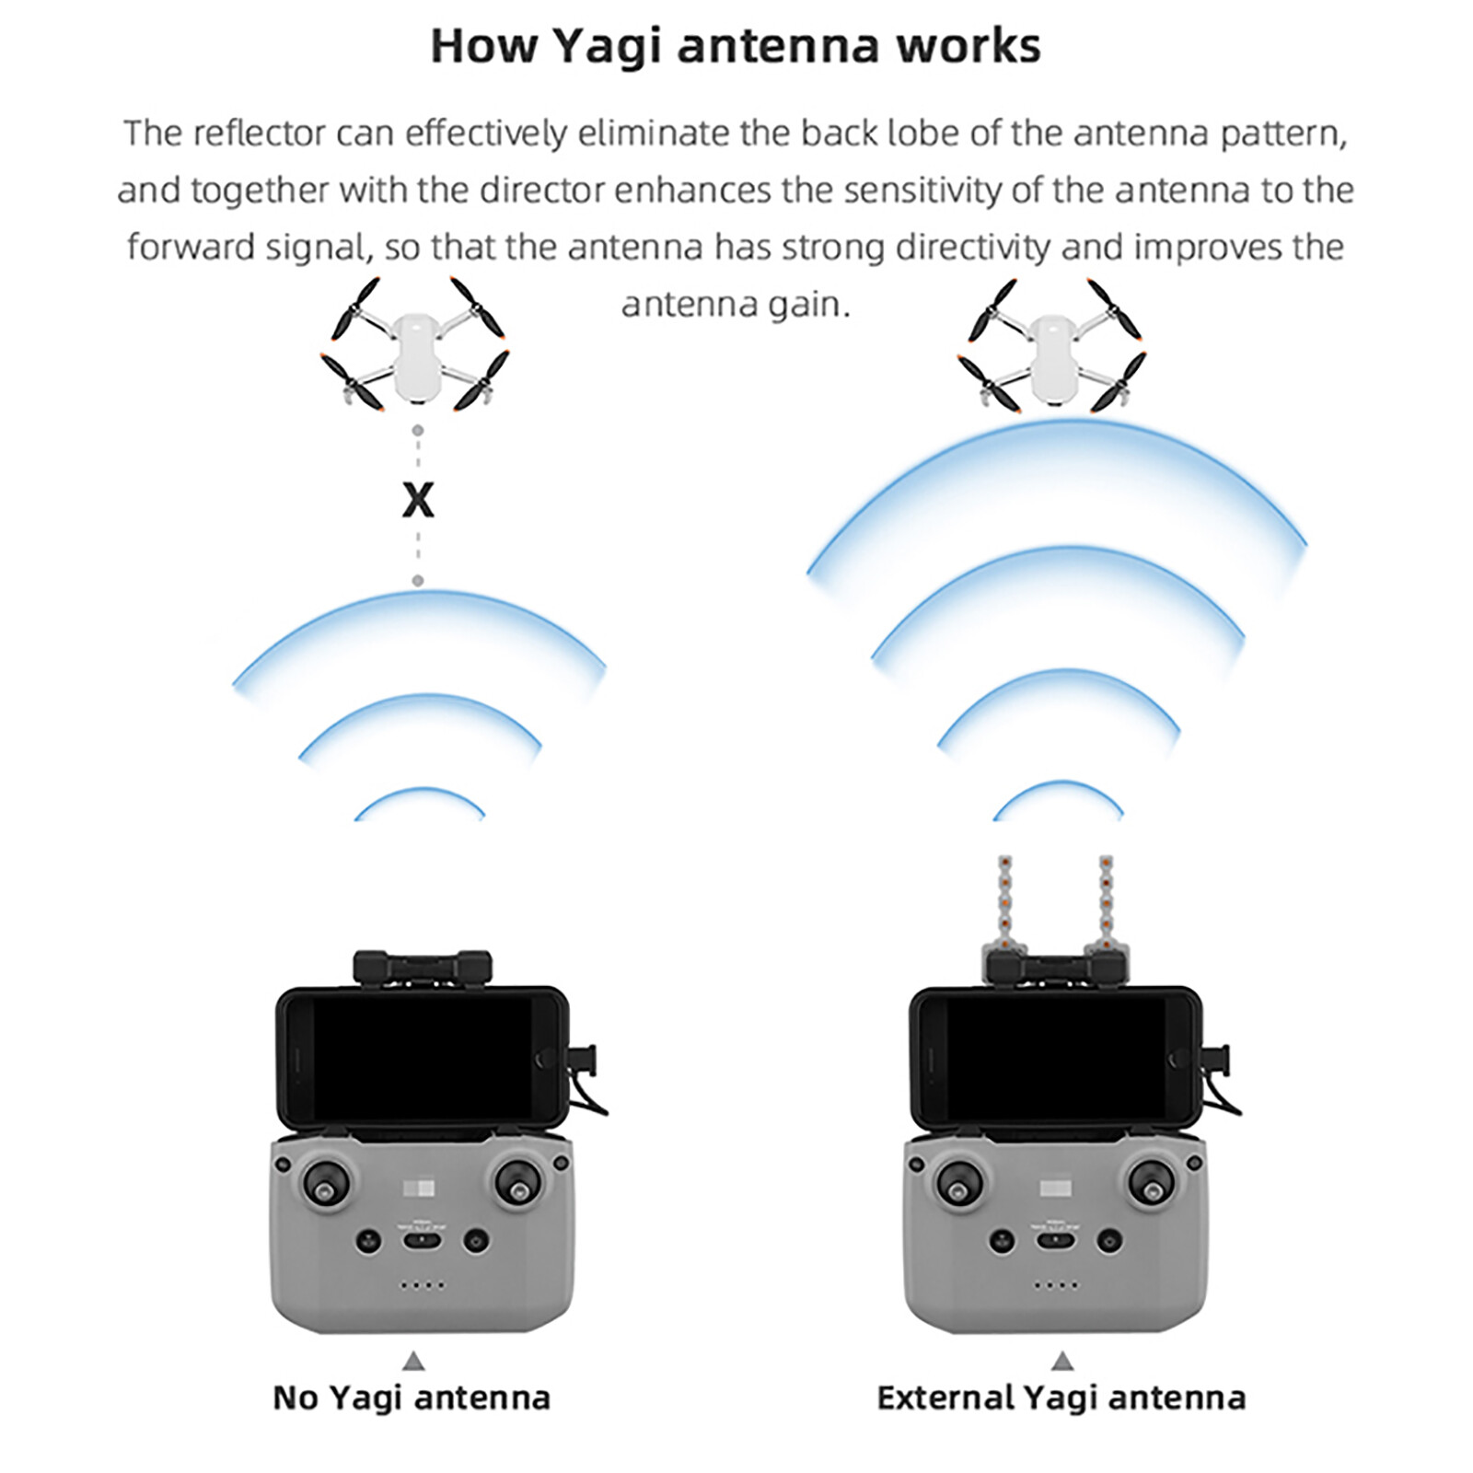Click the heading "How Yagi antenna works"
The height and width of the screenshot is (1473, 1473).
click(x=736, y=46)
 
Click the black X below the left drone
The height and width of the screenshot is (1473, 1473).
click(x=418, y=501)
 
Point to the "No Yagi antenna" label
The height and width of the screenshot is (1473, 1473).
click(x=412, y=1398)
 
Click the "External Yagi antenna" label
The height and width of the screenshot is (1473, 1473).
click(x=1061, y=1398)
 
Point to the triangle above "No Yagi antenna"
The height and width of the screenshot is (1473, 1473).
click(x=414, y=1361)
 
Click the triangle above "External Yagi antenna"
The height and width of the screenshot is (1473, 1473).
click(x=1063, y=1361)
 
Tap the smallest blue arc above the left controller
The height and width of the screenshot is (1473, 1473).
click(x=420, y=797)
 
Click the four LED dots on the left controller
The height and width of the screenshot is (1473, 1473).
click(x=422, y=1285)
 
